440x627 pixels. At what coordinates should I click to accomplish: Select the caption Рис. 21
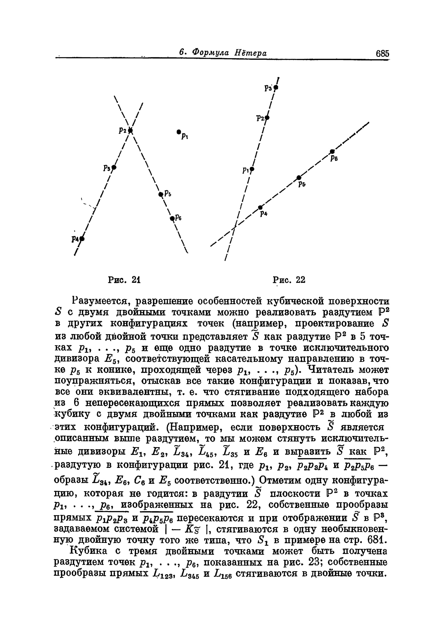click(124, 280)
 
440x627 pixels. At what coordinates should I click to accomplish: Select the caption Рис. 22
click(289, 280)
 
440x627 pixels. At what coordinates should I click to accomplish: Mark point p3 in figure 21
click(114, 167)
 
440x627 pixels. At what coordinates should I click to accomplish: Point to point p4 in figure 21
click(82, 239)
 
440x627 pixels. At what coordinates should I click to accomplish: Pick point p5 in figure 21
click(161, 194)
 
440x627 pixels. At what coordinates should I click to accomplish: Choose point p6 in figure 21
click(172, 218)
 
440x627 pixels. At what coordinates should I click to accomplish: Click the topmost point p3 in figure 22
click(276, 88)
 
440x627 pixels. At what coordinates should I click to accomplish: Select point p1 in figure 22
click(252, 169)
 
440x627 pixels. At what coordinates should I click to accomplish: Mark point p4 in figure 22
click(260, 207)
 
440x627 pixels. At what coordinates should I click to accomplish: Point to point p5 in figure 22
click(299, 177)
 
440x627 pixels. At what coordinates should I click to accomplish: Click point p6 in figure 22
click(332, 151)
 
